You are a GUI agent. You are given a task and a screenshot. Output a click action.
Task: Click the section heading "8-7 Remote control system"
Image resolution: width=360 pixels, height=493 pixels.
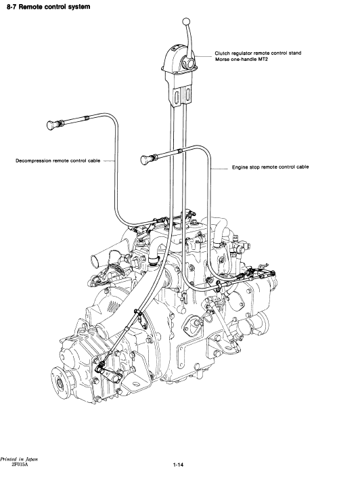pyautogui.click(x=48, y=7)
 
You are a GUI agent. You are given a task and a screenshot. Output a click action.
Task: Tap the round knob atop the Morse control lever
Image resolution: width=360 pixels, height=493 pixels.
pyautogui.click(x=186, y=22)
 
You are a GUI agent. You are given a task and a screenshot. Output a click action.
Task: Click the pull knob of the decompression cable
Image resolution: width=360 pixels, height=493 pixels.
pyautogui.click(x=51, y=125)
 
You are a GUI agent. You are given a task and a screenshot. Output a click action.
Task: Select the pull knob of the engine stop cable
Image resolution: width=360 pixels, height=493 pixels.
pyautogui.click(x=145, y=160)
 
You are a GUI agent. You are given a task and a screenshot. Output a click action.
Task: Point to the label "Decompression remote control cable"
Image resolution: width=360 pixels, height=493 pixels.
pyautogui.click(x=58, y=160)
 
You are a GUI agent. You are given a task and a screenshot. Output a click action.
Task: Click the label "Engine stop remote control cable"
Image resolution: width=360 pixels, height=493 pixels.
pyautogui.click(x=271, y=167)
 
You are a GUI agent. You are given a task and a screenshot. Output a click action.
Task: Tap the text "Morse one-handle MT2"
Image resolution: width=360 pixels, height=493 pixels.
pyautogui.click(x=242, y=59)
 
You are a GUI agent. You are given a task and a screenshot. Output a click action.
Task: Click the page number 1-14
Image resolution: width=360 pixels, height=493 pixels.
pyautogui.click(x=178, y=465)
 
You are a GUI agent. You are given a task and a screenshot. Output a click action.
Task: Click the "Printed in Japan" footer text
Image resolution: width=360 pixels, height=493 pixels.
pyautogui.click(x=19, y=459)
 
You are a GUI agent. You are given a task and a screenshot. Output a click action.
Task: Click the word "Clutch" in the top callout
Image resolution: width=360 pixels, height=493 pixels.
pyautogui.click(x=222, y=53)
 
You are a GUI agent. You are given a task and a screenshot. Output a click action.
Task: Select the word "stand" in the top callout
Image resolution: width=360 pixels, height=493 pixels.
pyautogui.click(x=295, y=53)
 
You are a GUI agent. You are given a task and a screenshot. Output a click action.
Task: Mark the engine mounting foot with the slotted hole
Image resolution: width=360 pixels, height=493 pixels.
pyautogui.click(x=134, y=383)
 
